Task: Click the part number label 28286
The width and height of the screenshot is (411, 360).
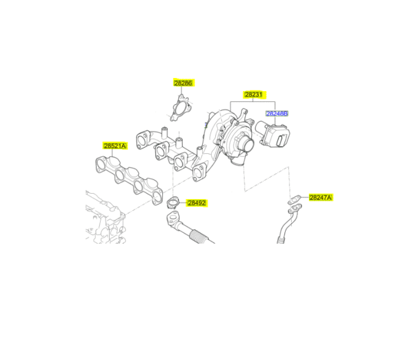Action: (184, 82)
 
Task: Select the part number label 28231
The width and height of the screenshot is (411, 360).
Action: (254, 94)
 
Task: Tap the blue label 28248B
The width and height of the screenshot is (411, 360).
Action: (277, 113)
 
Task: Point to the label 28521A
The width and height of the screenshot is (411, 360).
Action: (115, 146)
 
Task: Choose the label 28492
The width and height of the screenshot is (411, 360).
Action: (197, 203)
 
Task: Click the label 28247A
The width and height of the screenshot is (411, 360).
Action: (320, 197)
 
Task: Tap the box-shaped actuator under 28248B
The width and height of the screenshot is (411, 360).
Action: (275, 135)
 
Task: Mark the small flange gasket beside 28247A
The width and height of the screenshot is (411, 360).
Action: (293, 201)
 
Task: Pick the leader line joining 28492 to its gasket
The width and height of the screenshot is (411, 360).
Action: (182, 203)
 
